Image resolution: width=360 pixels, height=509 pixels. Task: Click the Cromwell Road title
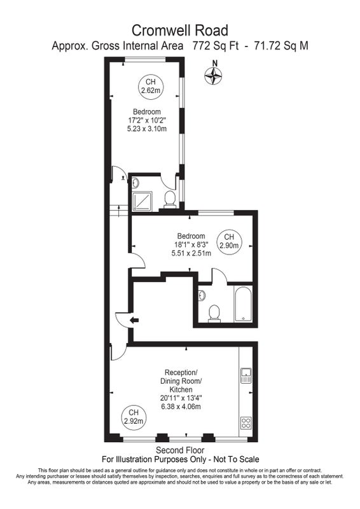[180, 31]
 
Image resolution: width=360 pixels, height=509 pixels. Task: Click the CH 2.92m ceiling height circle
[134, 417]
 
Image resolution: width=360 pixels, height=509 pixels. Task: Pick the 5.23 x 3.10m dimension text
[147, 129]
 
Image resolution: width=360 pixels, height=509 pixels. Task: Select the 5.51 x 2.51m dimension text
[191, 253]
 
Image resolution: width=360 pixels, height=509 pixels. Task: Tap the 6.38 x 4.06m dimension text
[181, 407]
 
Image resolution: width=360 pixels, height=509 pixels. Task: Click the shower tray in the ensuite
[142, 201]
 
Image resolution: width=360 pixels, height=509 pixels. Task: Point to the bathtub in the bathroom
[243, 304]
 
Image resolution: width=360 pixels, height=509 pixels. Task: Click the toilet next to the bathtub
[214, 313]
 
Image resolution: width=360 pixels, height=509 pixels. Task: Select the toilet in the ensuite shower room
[170, 199]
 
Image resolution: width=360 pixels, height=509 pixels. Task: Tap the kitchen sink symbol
[246, 375]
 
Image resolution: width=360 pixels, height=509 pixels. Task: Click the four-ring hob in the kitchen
[246, 423]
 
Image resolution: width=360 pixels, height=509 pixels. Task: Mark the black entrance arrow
[134, 321]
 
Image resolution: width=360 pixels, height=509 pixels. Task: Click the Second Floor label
[180, 450]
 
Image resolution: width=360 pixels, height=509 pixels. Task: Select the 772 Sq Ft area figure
[216, 46]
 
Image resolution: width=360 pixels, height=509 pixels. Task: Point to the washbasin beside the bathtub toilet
[202, 295]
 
